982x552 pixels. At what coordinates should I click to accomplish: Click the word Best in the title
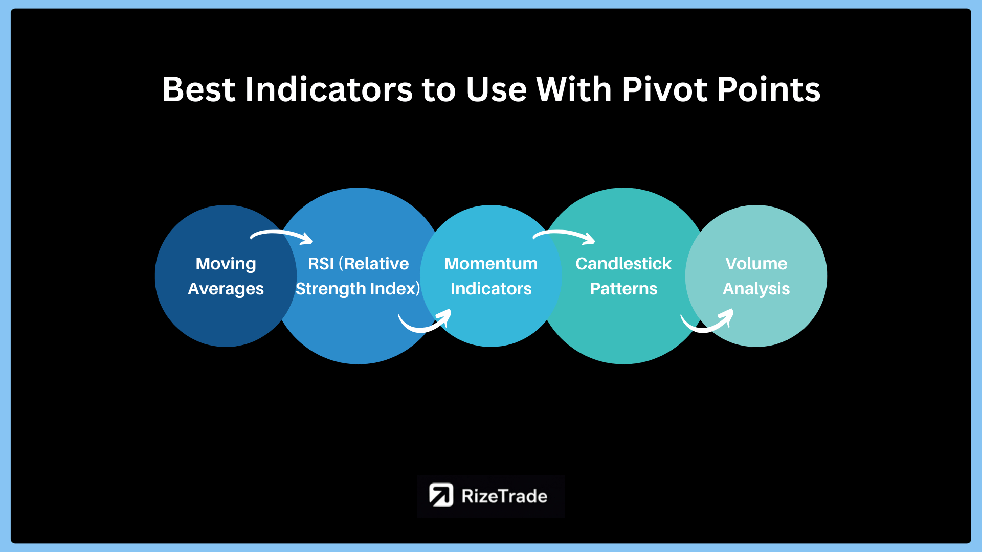pos(198,89)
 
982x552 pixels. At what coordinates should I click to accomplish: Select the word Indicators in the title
pos(329,89)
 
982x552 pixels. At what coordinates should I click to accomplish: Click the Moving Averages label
pos(226,276)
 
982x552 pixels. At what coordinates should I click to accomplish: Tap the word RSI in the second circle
pos(321,264)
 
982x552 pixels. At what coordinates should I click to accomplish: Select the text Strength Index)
pos(358,289)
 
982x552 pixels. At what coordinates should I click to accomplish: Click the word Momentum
pos(491,264)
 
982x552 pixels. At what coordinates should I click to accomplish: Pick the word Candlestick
pos(623,264)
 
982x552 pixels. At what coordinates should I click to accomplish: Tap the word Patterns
pos(623,289)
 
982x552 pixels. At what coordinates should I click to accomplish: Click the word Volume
pos(756,264)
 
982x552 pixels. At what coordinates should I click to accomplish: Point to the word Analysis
pos(756,289)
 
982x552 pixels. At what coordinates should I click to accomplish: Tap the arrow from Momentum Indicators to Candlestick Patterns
pos(564,233)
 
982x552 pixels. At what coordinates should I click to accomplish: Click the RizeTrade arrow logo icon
pos(441,495)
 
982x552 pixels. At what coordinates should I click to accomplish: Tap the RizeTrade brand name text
pos(504,496)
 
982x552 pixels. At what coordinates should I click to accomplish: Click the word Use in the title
pos(496,89)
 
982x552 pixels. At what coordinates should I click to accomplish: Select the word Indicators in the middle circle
pos(491,289)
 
